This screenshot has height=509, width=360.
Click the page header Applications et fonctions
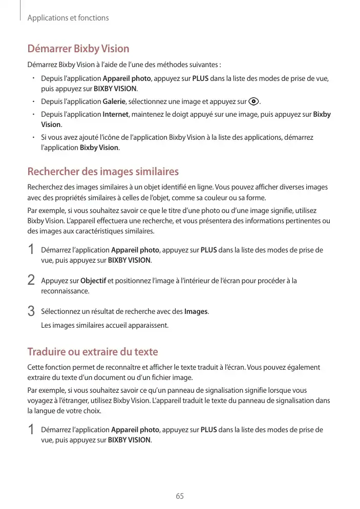pos(68,18)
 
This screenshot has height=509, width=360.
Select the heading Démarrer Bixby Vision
pos(78,49)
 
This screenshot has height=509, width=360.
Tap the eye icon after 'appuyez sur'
pos(253,101)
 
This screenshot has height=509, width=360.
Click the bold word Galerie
pos(114,101)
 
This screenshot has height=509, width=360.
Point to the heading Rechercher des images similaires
pos(102,171)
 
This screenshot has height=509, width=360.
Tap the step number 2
pos(31,281)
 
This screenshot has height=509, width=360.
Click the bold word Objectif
pos(93,281)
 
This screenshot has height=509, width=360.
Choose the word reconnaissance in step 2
pos(58,291)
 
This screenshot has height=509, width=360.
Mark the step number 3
pos(31,311)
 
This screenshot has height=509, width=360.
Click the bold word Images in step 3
pos(196,311)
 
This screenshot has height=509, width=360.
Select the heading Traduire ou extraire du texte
pos(92,352)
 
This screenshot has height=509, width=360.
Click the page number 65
pos(180,496)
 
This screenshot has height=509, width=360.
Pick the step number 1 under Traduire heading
pos(31,430)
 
